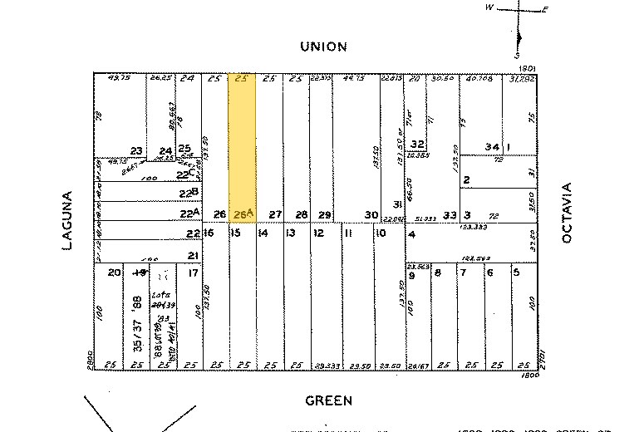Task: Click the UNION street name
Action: point(323,47)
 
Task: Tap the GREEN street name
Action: point(328,400)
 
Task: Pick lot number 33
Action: point(450,215)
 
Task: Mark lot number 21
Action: point(193,255)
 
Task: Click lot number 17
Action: point(193,272)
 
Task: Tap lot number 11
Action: point(349,233)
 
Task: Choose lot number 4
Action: point(411,233)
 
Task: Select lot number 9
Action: point(411,272)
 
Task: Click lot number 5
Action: point(517,272)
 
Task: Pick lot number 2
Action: point(467,180)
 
